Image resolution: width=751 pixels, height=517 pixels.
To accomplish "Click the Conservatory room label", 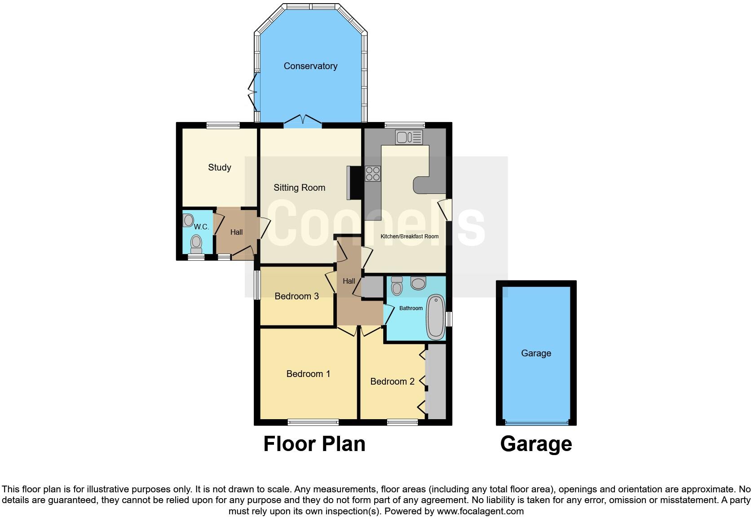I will pos(310,66).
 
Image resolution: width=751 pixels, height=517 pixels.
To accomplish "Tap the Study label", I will pos(219,167).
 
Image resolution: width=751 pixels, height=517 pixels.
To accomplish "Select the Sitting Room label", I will pos(299,188).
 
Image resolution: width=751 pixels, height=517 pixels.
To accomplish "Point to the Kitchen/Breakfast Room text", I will pos(409,236).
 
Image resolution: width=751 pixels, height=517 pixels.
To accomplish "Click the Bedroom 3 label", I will pos(296,296).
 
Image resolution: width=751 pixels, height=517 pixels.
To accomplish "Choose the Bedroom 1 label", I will pos(308,374).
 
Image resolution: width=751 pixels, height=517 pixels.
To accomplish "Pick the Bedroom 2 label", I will pos(392,381).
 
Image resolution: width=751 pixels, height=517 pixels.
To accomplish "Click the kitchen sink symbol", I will pos(409,137).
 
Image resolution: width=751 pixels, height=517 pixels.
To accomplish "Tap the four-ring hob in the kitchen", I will pos(373,174).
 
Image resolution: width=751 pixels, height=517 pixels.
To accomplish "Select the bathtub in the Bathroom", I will pos(435,317).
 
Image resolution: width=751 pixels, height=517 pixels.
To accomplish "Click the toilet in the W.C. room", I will pos(196,243).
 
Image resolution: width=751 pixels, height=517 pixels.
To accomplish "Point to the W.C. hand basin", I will pos(188,220).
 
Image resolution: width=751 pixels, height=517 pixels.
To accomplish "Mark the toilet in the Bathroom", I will pos(397,285).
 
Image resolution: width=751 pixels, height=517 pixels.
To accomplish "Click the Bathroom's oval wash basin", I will pos(418,283).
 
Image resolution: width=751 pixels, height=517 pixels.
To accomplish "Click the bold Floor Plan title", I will pos(314,444).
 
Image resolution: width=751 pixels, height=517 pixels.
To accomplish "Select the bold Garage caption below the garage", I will pos(536,444).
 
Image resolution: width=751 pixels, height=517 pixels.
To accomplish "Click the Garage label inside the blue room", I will pos(536,353).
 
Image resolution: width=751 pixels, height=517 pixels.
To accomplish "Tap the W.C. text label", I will pos(202,227).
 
